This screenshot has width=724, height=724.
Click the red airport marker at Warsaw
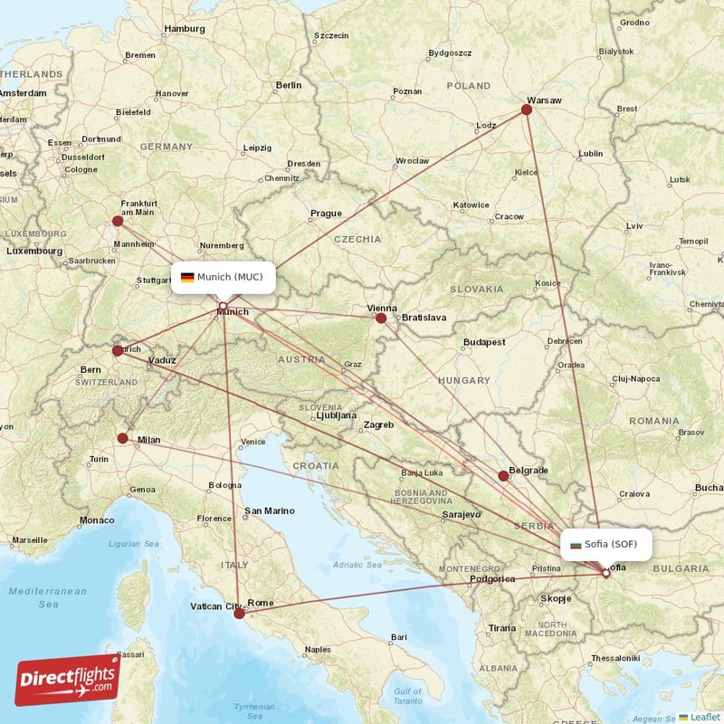[x=527, y=110]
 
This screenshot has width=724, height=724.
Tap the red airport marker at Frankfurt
[x=118, y=221]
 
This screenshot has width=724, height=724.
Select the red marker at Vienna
[x=381, y=318]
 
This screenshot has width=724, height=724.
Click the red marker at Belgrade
[x=503, y=476]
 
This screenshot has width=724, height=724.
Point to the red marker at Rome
[x=239, y=614]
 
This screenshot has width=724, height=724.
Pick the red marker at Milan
[x=123, y=438]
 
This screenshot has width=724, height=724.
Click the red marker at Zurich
[x=118, y=351]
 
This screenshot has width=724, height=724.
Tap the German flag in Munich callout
[x=187, y=277]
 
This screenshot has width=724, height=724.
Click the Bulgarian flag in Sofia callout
[x=576, y=544]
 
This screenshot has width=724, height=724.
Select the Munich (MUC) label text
[x=230, y=277]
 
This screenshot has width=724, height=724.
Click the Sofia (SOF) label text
[x=612, y=544]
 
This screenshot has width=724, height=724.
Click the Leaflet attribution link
[x=705, y=717]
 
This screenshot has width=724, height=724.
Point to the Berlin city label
[x=289, y=85]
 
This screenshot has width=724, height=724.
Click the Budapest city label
[x=484, y=342]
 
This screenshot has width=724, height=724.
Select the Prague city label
[x=326, y=214]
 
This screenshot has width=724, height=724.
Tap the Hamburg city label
[x=185, y=28]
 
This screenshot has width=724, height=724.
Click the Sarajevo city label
[x=461, y=514]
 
